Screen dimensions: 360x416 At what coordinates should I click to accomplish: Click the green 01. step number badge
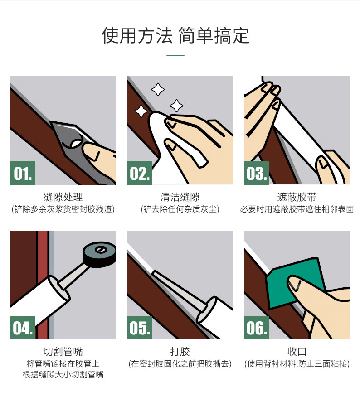(x=22, y=173)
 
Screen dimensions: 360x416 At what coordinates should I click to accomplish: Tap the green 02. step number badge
(x=139, y=173)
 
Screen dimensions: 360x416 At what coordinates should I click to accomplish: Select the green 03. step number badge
(x=256, y=173)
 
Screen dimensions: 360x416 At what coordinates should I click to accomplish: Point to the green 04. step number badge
(x=22, y=327)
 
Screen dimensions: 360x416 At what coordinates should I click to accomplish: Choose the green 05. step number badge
(x=139, y=327)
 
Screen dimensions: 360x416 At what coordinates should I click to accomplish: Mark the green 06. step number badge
(x=256, y=327)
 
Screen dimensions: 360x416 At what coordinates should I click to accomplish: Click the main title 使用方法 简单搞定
(x=175, y=35)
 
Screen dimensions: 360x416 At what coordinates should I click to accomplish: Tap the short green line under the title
(x=175, y=56)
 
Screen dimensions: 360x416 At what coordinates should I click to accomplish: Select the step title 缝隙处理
(x=63, y=197)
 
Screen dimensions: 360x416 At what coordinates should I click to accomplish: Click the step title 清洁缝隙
(x=180, y=197)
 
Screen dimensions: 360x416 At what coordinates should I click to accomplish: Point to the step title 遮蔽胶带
(x=297, y=197)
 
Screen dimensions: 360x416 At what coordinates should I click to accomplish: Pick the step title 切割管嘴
(x=63, y=352)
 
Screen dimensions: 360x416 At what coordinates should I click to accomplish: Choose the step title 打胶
(x=180, y=352)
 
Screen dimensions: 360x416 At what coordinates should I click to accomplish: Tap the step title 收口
(x=297, y=352)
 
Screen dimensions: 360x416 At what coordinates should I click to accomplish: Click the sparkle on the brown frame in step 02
(x=141, y=111)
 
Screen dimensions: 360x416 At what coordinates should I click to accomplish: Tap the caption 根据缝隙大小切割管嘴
(x=63, y=374)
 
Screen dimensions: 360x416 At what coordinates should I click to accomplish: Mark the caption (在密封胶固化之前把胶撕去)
(x=180, y=363)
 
